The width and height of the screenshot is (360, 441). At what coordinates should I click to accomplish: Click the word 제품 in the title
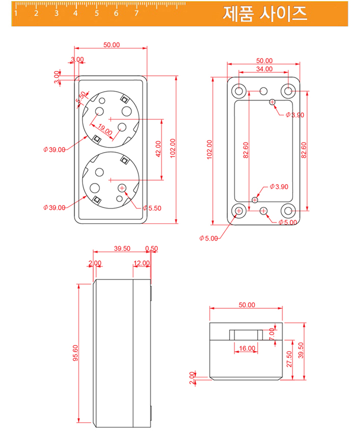tap(238, 14)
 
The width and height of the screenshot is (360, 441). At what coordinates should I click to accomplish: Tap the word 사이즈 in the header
tap(283, 14)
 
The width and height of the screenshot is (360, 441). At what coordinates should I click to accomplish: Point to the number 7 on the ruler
tap(136, 13)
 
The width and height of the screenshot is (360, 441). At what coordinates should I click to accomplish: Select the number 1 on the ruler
tap(16, 13)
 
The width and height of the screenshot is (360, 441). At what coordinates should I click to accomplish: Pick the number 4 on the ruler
tap(75, 13)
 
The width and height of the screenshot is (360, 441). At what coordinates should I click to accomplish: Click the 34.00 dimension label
tap(264, 69)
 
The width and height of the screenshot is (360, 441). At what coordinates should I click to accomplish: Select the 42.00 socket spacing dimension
tap(158, 149)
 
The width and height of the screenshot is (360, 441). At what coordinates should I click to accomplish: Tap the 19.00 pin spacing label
tap(105, 129)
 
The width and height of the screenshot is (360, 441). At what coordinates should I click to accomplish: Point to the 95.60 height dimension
tap(75, 353)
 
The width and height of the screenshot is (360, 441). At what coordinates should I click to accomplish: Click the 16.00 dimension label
tap(247, 348)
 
